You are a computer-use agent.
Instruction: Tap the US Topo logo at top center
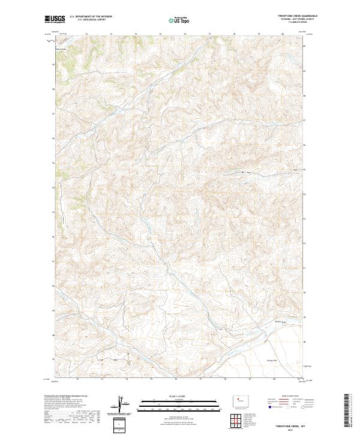click(x=179, y=20)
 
